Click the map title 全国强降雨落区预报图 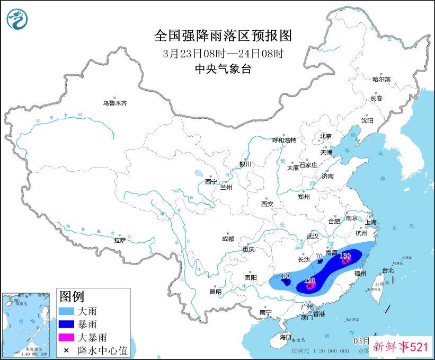[x=223, y=36]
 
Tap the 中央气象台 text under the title [x=223, y=68]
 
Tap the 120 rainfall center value [x=310, y=280]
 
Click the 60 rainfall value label [x=286, y=276]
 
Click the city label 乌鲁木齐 [x=114, y=103]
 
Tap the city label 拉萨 [x=120, y=240]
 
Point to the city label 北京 [x=325, y=136]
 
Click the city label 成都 [x=228, y=239]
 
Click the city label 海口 [x=286, y=337]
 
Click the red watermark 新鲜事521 [x=401, y=348]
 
